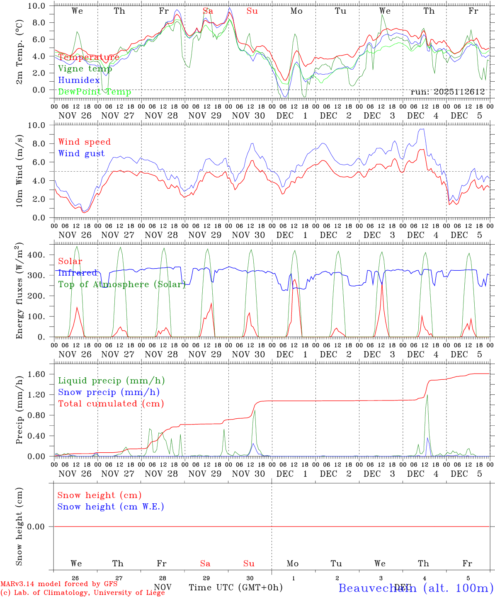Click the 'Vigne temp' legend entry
pyautogui.click(x=85, y=69)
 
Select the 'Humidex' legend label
pyautogui.click(x=79, y=80)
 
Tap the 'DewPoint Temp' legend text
pyautogui.click(x=95, y=92)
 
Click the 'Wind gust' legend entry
pyautogui.click(x=81, y=153)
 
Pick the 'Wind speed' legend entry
pyautogui.click(x=85, y=142)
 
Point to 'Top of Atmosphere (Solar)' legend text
pyautogui.click(x=122, y=284)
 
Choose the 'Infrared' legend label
pyautogui.click(x=78, y=273)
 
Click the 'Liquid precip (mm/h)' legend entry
pyautogui.click(x=112, y=381)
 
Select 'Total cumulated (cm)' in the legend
pyautogui.click(x=111, y=404)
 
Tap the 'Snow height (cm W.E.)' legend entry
pyautogui.click(x=111, y=507)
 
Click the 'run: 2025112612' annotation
pyautogui.click(x=448, y=92)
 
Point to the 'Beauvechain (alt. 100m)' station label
pyautogui.click(x=416, y=588)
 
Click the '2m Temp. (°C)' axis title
pyautogui.click(x=19, y=56)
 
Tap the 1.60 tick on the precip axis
pyautogui.click(x=36, y=374)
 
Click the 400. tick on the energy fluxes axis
pyautogui.click(x=36, y=255)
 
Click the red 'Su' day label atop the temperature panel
pyautogui.click(x=252, y=11)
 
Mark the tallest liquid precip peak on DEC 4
pyautogui.click(x=427, y=395)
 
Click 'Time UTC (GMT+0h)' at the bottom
pyautogui.click(x=236, y=587)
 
